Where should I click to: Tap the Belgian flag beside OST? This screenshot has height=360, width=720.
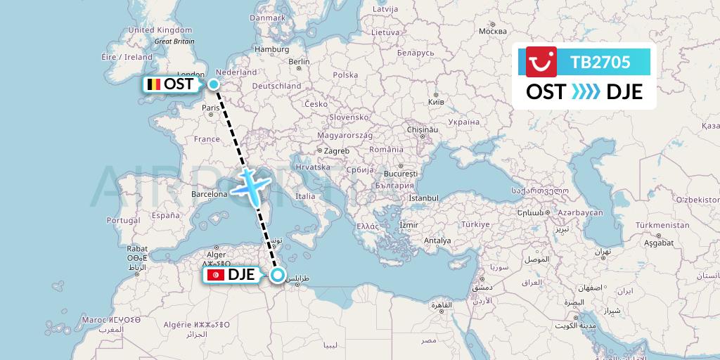point(153,84)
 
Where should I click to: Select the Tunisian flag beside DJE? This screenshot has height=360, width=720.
point(216,275)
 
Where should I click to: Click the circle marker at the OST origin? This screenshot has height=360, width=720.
point(214,84)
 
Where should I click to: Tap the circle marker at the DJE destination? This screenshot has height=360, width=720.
point(278,275)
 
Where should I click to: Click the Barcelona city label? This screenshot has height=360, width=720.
point(209,194)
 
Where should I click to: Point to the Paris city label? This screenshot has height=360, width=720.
point(211,108)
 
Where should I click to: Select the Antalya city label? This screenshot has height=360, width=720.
point(437,240)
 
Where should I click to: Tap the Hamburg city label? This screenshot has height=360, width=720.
point(272,49)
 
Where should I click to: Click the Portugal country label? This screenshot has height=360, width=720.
point(124,220)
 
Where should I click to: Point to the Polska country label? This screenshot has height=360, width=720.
point(345,75)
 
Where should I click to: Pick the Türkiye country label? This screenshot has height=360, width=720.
point(475,224)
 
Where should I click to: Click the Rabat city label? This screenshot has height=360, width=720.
point(137,248)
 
